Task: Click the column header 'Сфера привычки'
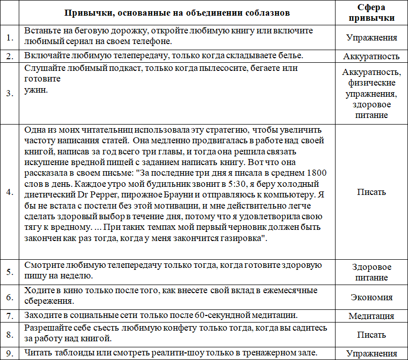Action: [371, 12]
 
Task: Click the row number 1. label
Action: [10, 37]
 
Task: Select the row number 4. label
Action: [10, 192]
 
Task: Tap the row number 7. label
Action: [10, 315]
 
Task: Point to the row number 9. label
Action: [10, 353]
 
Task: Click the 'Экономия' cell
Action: [371, 297]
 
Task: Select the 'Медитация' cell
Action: [371, 316]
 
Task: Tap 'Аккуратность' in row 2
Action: [371, 56]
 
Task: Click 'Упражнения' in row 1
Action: [371, 37]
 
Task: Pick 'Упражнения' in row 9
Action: [371, 353]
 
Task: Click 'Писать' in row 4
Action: [371, 192]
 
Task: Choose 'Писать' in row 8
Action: [371, 335]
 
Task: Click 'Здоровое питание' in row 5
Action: [371, 272]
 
